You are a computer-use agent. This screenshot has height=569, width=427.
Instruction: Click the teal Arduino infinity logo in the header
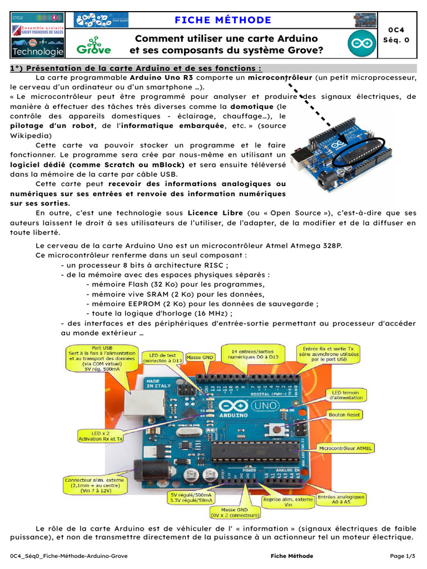[x=361, y=44]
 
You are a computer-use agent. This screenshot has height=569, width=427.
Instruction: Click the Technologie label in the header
[x=37, y=52]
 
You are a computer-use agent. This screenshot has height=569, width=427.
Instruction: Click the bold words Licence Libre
[x=215, y=213]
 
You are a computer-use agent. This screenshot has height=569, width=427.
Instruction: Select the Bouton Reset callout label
[x=345, y=415]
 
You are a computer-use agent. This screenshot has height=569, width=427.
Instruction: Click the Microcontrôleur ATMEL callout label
[x=345, y=447]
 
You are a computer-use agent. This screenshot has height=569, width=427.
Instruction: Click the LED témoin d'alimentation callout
[x=347, y=395]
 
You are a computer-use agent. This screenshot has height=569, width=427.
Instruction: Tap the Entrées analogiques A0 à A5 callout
[x=341, y=500]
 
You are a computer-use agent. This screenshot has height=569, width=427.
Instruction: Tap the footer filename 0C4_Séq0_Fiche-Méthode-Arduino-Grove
[x=69, y=556]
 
